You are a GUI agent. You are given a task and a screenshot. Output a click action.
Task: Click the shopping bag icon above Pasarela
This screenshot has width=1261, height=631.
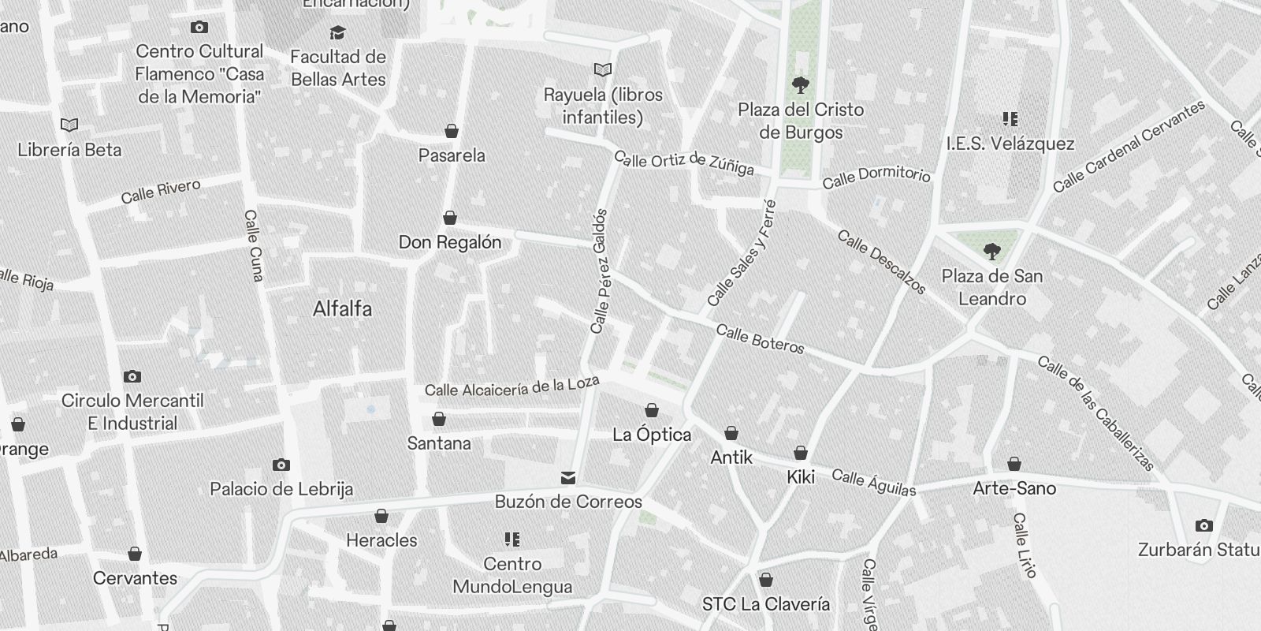pyautogui.click(x=452, y=131)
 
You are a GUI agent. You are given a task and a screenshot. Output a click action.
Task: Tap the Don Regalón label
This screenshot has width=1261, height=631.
pyautogui.click(x=450, y=242)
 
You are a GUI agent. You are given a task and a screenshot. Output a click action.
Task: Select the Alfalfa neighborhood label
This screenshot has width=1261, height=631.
pyautogui.click(x=342, y=308)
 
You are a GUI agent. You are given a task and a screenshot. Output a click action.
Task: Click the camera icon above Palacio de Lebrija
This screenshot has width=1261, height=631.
pyautogui.click(x=281, y=465)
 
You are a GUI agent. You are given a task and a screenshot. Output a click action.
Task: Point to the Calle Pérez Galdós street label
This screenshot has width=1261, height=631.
pyautogui.click(x=600, y=271)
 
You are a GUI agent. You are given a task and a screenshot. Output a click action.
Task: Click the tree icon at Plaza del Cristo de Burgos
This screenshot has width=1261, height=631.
pyautogui.click(x=801, y=84)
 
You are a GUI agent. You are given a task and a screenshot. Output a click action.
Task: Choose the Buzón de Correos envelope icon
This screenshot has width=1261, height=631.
pyautogui.click(x=567, y=478)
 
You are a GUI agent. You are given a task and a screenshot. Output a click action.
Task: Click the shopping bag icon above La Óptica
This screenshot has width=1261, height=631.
pyautogui.click(x=652, y=410)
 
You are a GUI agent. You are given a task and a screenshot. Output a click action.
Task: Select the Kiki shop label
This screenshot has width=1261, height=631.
pyautogui.click(x=801, y=476)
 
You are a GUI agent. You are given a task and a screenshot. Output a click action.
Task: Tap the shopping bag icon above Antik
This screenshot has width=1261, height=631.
pyautogui.click(x=731, y=433)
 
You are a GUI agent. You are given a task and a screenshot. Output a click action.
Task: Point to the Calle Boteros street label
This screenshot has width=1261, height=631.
pyautogui.click(x=760, y=339)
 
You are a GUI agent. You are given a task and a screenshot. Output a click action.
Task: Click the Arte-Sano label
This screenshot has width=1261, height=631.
pyautogui.click(x=1014, y=488)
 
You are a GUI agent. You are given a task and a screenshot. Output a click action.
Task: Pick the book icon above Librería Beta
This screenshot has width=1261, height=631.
pyautogui.click(x=69, y=125)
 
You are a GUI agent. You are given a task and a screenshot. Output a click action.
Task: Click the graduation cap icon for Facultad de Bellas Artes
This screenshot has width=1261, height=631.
pyautogui.click(x=338, y=33)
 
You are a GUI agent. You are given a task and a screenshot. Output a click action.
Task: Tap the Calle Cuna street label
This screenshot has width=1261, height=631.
pyautogui.click(x=254, y=245)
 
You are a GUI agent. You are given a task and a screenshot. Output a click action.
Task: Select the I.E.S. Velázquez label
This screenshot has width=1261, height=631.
pyautogui.click(x=1010, y=144)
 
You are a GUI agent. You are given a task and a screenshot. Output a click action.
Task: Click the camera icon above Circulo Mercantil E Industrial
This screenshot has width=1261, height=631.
pyautogui.click(x=132, y=377)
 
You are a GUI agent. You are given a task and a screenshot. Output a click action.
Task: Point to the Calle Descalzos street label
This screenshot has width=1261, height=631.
pyautogui.click(x=881, y=262)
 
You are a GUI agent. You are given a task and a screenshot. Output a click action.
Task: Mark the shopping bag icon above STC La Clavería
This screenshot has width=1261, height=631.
pyautogui.click(x=765, y=581)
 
